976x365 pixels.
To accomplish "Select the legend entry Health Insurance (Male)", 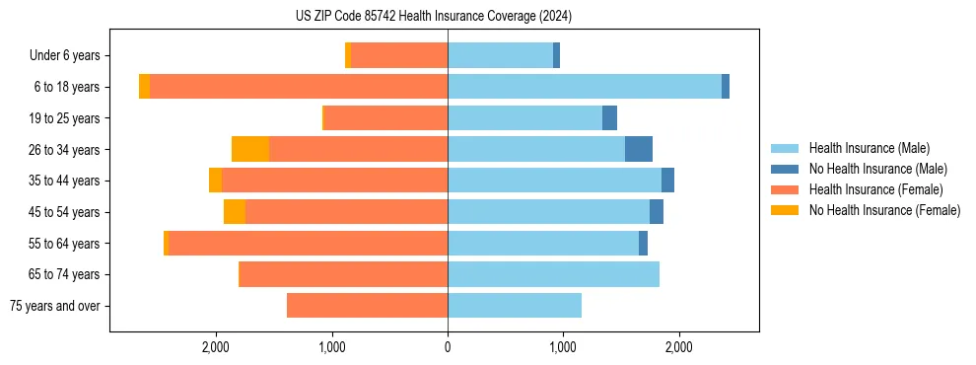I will pos(870,148).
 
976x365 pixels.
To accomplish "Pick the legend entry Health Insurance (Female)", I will pos(875,189).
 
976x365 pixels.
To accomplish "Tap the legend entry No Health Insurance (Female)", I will pos(884,210).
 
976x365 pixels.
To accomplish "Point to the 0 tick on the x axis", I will pos(448,347).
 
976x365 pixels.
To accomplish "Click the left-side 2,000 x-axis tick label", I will pos(216,347).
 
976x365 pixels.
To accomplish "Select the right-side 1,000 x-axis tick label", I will pos(563,347).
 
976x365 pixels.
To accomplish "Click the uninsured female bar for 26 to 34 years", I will pos(250,149).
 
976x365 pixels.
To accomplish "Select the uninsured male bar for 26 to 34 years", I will pos(639,149).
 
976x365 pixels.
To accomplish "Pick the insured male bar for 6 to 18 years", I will pos(585,87).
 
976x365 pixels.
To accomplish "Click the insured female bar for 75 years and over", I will pos(367,306).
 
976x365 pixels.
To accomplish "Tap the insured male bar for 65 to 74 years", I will pos(553,274).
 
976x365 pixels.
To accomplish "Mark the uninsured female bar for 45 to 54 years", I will pos(235,212).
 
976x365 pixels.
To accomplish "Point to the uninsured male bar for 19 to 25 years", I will pos(609,118).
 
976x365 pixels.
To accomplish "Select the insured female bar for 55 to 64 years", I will pos(308,244).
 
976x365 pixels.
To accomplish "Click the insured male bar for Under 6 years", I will pos(500,56).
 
